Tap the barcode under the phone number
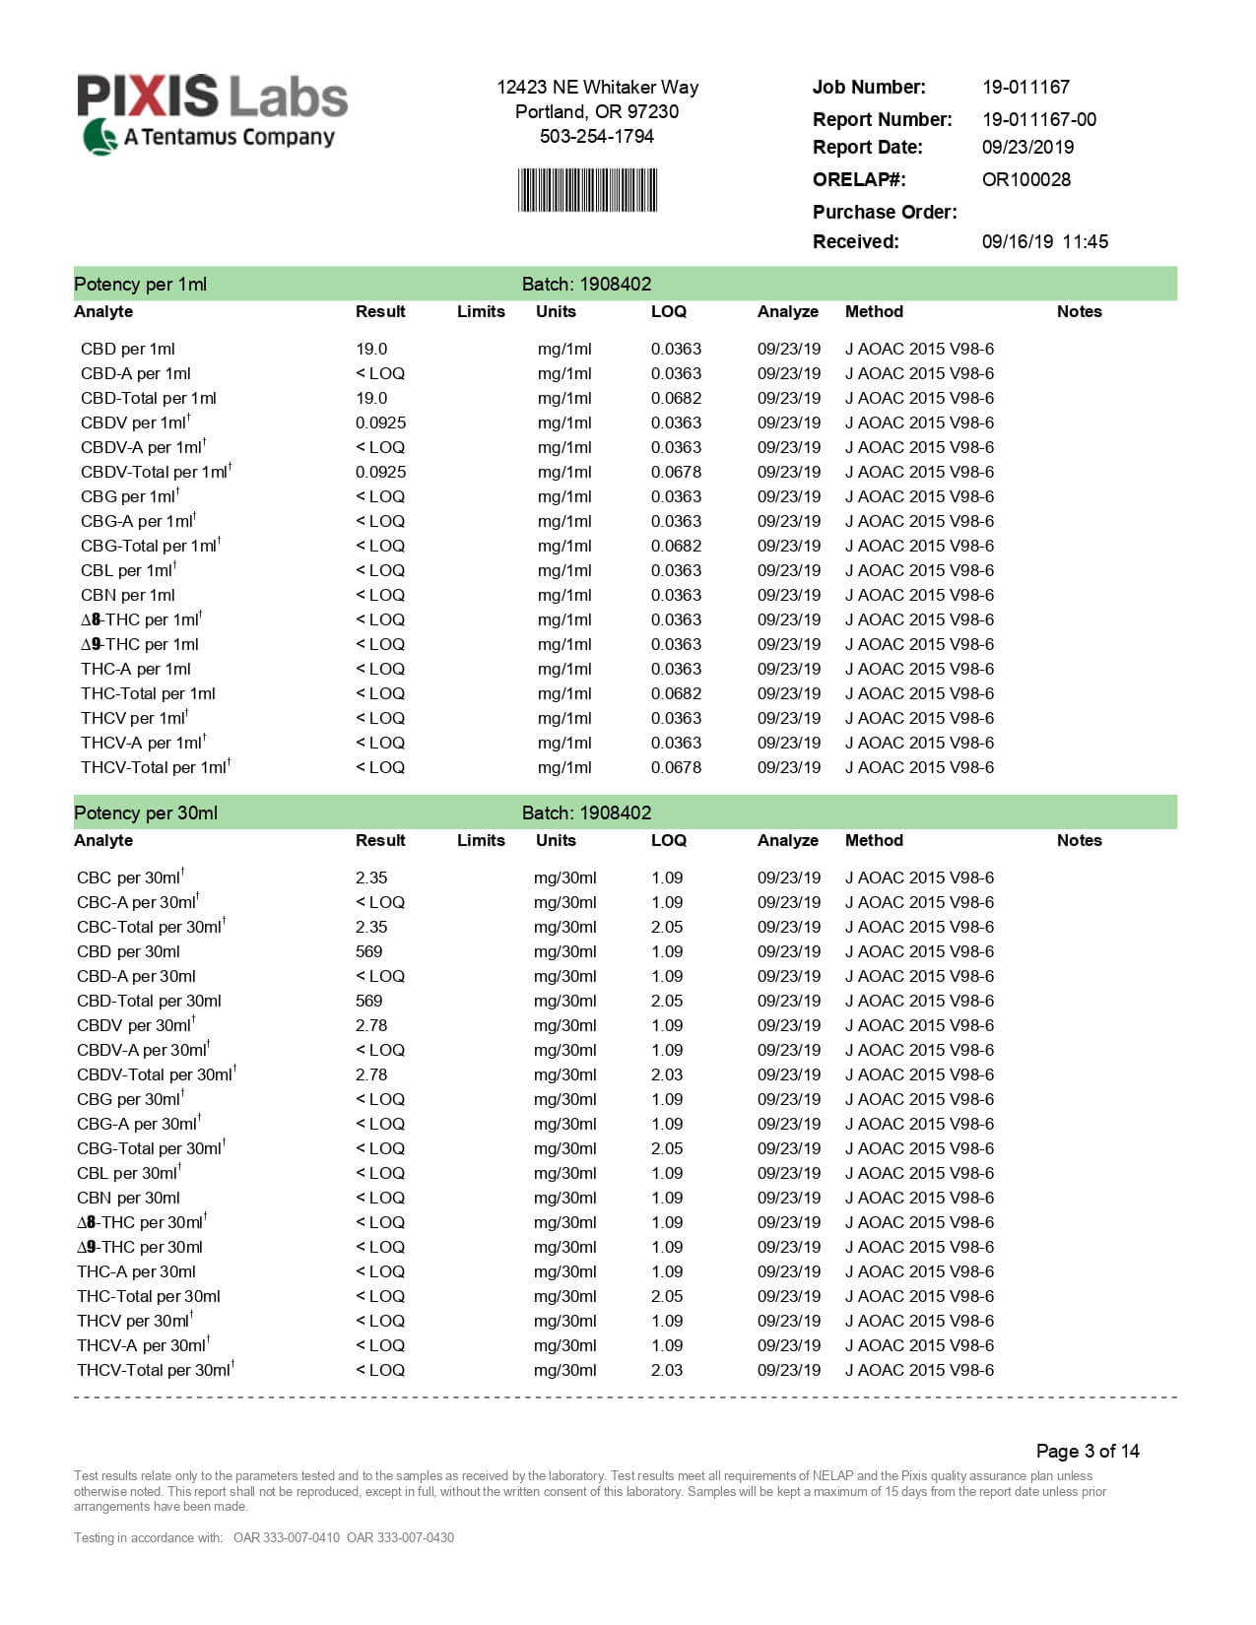(587, 190)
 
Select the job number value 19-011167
(1025, 87)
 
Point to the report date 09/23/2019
(1027, 147)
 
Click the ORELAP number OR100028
(1025, 179)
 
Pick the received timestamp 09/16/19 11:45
(1044, 241)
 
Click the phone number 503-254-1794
(597, 136)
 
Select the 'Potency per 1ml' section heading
(140, 284)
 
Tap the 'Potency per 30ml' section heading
(146, 812)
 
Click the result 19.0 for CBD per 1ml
(371, 349)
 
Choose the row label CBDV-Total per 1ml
(154, 472)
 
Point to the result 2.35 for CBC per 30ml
(371, 877)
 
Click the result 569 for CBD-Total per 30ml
(368, 1001)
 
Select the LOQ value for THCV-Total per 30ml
(667, 1370)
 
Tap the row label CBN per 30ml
(128, 1198)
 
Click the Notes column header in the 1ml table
(1079, 311)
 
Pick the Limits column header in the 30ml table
(481, 840)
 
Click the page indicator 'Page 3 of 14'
(1087, 1451)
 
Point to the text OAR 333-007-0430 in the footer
(400, 1537)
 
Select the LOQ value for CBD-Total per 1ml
(676, 398)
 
